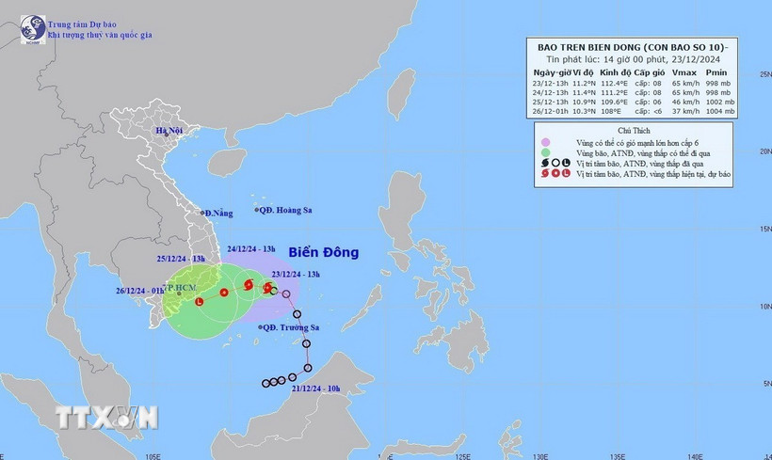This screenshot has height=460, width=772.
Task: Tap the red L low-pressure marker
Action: pyautogui.click(x=199, y=302)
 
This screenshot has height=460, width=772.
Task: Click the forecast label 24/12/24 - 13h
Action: pyautogui.click(x=251, y=249)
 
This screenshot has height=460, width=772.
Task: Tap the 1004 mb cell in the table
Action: pyautogui.click(x=718, y=112)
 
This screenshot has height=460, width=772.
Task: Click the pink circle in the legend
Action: pyautogui.click(x=544, y=140)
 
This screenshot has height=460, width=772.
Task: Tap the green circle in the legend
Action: pyautogui.click(x=544, y=151)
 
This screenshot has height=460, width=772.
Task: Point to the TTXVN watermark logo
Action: pyautogui.click(x=105, y=416)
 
